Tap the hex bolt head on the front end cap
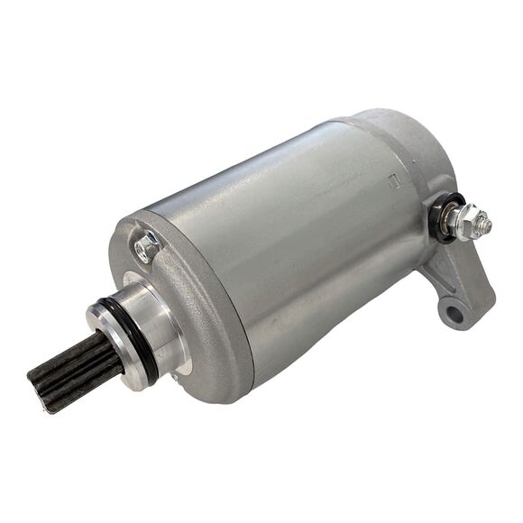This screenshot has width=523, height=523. coord(144,244)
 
